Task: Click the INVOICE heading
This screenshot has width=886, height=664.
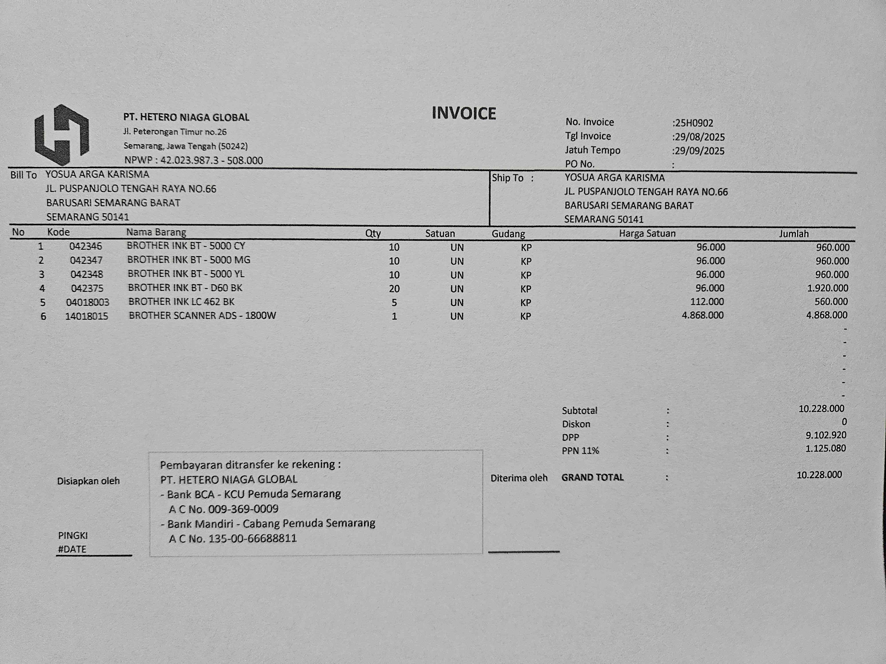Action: click(464, 114)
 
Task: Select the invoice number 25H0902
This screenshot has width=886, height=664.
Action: click(694, 123)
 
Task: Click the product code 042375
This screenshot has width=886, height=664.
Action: click(87, 288)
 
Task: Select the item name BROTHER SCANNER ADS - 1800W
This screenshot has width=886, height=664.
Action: click(202, 315)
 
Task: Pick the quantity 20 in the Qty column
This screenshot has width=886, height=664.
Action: click(394, 289)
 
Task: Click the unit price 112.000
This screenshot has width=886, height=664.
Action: click(707, 301)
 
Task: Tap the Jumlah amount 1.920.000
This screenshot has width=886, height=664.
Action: click(828, 288)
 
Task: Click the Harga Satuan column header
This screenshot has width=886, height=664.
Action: click(647, 233)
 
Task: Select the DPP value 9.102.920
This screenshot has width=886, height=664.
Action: click(826, 435)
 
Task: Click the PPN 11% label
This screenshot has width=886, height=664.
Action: click(580, 451)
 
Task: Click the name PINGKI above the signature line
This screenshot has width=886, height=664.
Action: click(73, 536)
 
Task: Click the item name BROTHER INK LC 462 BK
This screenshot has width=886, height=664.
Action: click(181, 301)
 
